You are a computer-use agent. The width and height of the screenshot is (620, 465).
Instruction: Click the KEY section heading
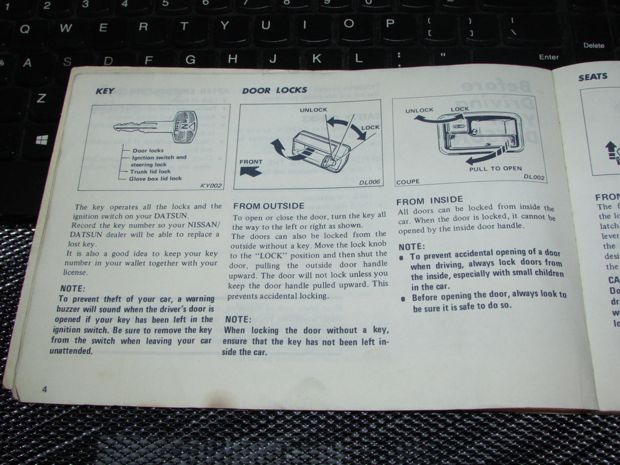pos(105,91)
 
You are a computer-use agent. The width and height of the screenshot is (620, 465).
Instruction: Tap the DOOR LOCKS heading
pos(275,90)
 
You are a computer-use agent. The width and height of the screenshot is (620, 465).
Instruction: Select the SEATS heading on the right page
pos(593,77)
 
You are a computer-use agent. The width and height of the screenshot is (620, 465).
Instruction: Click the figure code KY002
pos(211,186)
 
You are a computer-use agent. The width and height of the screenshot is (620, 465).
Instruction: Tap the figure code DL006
pos(369,182)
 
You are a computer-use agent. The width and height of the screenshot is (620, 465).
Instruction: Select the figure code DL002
pos(534,177)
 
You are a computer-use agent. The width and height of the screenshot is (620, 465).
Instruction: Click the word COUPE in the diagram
pos(408,182)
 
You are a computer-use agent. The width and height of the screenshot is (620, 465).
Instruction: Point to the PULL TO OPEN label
pos(495,169)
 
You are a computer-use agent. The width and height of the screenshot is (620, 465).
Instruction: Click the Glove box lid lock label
pos(155,178)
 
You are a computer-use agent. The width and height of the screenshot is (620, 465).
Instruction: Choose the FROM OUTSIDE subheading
pos(269,206)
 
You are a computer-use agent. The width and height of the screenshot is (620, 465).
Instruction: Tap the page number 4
pos(45,389)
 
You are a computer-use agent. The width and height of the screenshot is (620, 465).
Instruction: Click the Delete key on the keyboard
pos(593,45)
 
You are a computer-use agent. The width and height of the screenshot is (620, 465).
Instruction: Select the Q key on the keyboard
pos(25,29)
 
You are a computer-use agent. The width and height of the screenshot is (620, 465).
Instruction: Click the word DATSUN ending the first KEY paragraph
pos(171,216)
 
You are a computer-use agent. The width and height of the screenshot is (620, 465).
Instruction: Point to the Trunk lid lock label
pos(150,172)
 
